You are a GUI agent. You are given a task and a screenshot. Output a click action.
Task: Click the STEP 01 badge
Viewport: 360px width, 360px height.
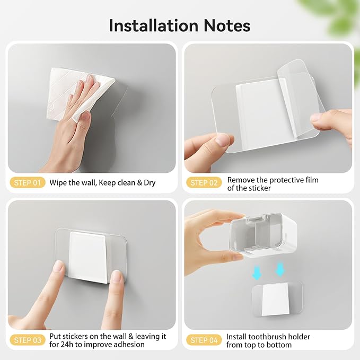point(28,183)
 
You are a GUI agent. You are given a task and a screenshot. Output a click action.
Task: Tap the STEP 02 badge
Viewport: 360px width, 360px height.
point(204,183)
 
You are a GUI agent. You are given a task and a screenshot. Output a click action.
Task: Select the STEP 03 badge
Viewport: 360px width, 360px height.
point(28,340)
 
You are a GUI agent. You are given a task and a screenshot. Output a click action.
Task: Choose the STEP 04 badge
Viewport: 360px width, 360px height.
point(204,340)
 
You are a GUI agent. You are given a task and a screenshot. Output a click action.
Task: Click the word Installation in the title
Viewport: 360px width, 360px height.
point(153,25)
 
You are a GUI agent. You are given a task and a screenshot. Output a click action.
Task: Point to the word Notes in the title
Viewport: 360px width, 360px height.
point(227,25)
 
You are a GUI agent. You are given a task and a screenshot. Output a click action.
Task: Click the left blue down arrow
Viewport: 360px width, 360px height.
point(257,273)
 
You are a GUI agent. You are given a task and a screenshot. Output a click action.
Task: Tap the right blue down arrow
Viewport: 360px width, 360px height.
point(279,269)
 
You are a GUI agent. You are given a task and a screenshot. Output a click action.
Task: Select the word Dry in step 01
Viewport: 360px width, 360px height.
point(150,183)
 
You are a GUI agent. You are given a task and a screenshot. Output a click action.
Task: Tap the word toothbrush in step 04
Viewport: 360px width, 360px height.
point(263,337)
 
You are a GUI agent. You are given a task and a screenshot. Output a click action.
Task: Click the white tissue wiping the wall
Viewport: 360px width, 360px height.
point(78,94)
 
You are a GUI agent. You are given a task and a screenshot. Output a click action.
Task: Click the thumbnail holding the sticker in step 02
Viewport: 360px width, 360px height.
point(222,139)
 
